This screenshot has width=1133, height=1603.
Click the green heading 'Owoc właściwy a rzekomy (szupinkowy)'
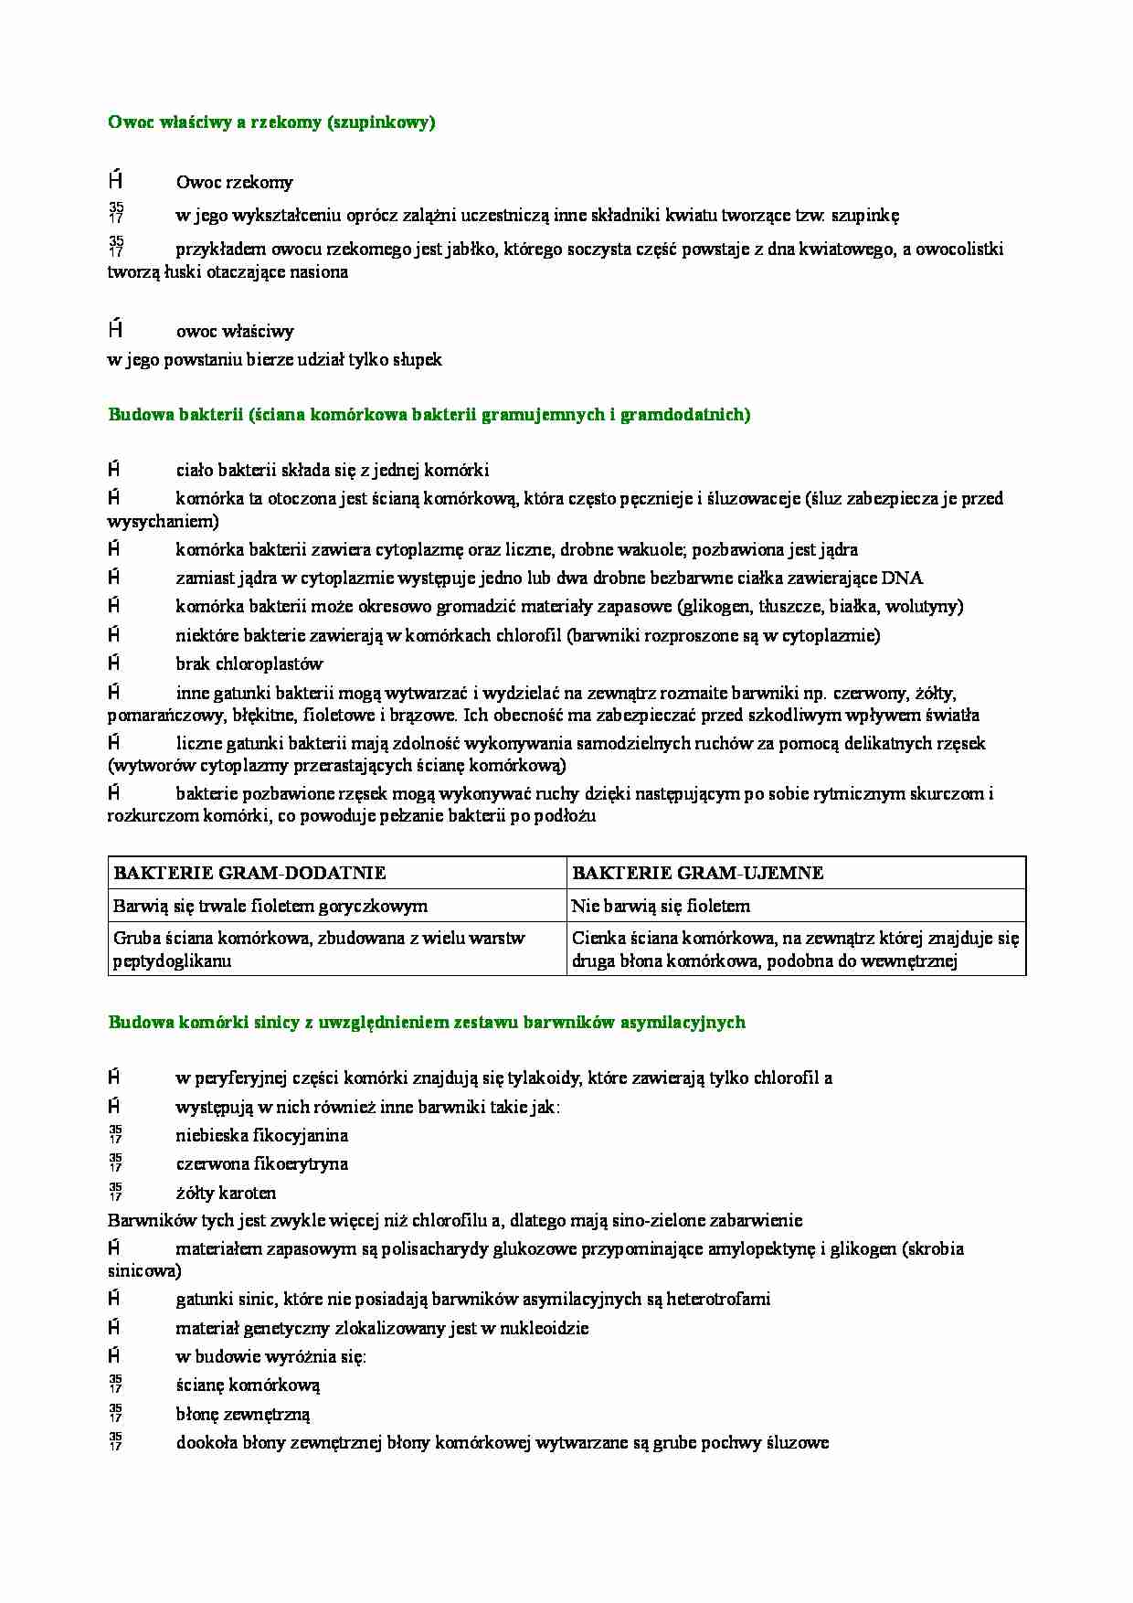point(271,122)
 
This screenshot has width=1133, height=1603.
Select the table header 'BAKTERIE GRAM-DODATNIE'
point(249,873)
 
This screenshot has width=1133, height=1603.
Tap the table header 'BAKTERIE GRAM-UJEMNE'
point(697,873)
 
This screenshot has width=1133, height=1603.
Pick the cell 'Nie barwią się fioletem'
point(661,907)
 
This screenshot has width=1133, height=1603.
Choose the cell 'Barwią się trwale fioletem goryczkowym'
point(270,907)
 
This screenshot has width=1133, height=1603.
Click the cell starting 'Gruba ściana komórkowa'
point(319,949)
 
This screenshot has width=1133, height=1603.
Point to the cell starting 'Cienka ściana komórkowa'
point(795,949)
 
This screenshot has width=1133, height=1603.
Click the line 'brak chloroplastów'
point(249,664)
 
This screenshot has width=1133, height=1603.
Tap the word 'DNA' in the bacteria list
point(902,579)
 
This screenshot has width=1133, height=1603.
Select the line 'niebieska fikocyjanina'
point(262,1136)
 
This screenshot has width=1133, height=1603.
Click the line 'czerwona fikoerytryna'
point(262,1164)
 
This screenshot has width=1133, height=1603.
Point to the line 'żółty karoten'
point(226,1193)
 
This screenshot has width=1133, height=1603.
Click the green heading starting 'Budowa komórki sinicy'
point(427,1023)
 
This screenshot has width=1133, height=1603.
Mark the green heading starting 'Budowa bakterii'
point(429,415)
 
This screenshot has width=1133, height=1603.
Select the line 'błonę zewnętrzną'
point(243,1415)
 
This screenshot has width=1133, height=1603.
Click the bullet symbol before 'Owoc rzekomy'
point(115,180)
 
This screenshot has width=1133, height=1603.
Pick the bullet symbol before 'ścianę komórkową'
point(115,1384)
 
